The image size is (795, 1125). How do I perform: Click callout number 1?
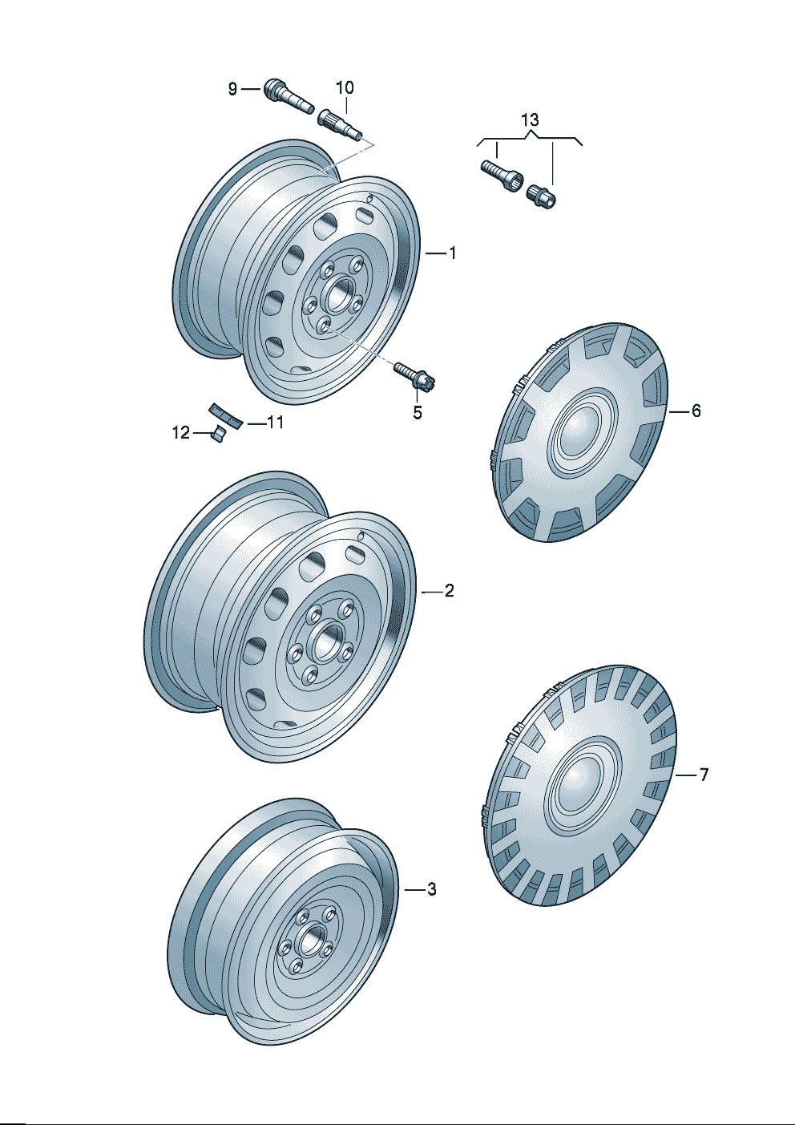point(452,253)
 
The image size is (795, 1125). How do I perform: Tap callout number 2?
point(449,591)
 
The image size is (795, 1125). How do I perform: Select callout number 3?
point(432,890)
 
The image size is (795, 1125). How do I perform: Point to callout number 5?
point(418,413)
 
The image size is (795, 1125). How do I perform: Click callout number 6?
point(696,411)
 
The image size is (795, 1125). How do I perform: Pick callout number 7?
point(703,775)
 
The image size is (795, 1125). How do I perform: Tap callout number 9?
point(232,89)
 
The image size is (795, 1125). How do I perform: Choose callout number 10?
point(345,88)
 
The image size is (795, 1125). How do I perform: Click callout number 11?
point(276,423)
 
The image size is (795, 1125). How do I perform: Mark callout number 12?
point(181,432)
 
